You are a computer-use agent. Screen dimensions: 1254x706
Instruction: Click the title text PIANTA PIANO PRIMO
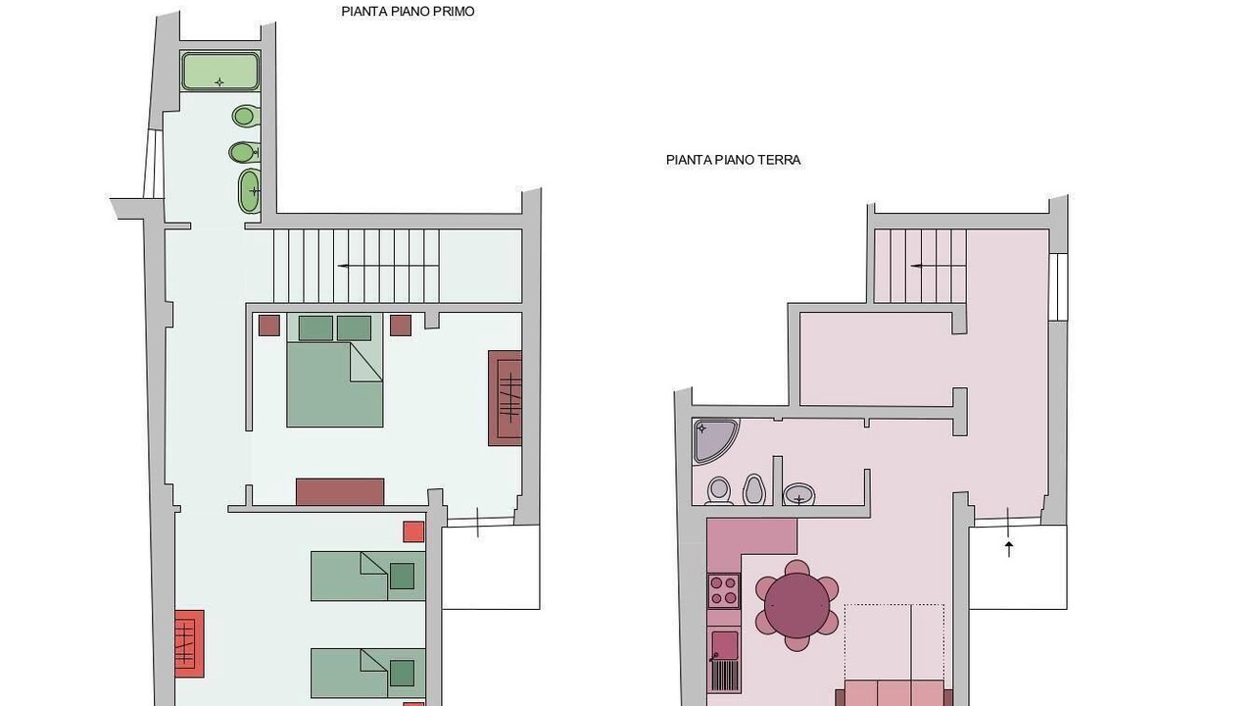coord(408,11)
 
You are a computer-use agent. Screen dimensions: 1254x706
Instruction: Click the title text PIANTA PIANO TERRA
coord(733,160)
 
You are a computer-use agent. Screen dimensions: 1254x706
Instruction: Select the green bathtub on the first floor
coord(220,72)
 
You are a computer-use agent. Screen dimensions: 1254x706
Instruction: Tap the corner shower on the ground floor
coord(713,440)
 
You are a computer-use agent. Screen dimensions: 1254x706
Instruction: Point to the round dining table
coord(796,606)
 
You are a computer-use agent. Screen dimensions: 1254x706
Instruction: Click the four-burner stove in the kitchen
coord(723,590)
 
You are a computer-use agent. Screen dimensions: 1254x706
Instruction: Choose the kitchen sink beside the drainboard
coord(724,646)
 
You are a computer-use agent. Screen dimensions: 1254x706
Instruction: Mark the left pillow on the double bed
coord(315,328)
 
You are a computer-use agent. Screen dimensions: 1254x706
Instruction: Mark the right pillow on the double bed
coord(354,328)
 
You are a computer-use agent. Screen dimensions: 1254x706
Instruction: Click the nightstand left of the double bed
coord(268,326)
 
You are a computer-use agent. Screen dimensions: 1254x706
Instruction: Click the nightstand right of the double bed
coord(401,326)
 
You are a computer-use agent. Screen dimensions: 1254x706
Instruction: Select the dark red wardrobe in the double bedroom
coord(505,398)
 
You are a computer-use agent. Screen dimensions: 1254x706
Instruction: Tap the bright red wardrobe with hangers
coord(189,644)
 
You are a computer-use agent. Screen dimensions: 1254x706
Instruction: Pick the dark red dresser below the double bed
coord(340,492)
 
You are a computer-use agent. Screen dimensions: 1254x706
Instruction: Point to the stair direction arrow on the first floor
coord(389,266)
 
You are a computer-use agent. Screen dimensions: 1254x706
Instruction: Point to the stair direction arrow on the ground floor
coord(938,266)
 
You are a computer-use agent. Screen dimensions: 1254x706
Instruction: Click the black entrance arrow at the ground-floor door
coord(1009,549)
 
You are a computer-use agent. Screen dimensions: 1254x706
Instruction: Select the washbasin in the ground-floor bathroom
coord(798,495)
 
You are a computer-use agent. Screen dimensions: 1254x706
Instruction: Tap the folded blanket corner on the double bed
coord(366,363)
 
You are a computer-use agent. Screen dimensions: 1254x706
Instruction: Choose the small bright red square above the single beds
coord(413,531)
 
